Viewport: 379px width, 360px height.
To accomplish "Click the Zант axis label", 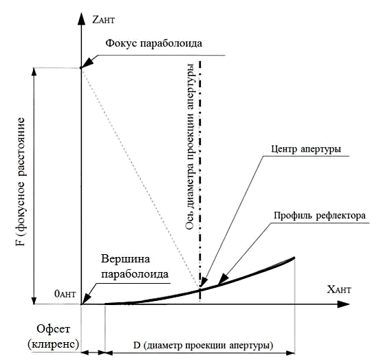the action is click(103, 19).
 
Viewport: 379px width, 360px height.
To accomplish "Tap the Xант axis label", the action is click(339, 289).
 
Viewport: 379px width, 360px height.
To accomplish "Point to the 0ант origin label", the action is click(65, 293).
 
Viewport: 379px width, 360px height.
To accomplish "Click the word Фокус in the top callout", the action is click(121, 43).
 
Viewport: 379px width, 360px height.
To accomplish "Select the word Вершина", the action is click(125, 259).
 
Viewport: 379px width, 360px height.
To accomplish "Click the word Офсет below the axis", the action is click(54, 328).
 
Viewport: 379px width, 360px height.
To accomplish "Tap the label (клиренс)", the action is click(54, 344).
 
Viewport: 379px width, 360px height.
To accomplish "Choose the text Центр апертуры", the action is click(306, 148).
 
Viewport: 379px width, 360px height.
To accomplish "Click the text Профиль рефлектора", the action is click(320, 215).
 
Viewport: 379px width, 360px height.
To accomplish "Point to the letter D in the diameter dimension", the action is click(137, 346).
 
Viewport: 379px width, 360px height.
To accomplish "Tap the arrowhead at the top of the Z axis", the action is click(82, 19).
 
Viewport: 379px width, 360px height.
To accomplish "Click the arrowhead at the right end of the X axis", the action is click(343, 304).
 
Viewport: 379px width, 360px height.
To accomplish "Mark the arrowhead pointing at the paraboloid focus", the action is click(87, 63).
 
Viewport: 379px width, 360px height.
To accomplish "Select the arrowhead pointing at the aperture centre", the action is click(204, 282).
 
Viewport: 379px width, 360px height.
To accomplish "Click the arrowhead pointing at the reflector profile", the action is click(223, 280).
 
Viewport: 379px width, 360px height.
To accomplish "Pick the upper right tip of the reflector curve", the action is click(294, 258).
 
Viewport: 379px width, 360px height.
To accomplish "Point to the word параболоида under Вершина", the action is click(135, 274).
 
